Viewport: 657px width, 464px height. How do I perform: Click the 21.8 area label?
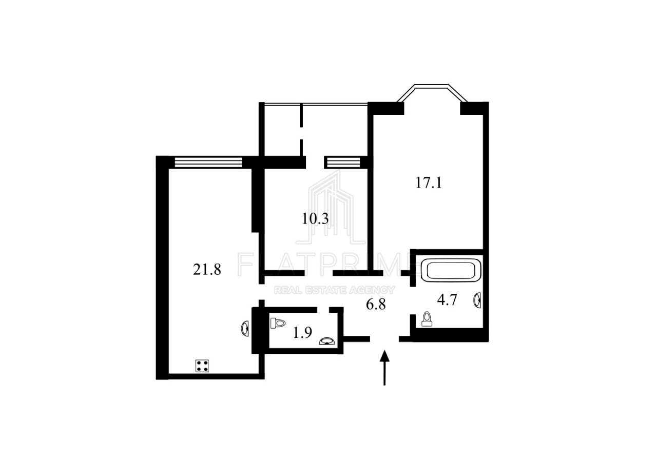tap(207, 270)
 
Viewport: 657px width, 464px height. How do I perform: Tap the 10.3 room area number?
tap(315, 218)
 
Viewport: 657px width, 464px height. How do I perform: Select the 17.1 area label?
tap(429, 183)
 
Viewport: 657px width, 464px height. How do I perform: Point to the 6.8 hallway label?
tap(376, 305)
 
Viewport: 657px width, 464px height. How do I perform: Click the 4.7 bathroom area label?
tap(447, 300)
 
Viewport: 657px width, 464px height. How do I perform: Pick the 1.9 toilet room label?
tap(302, 332)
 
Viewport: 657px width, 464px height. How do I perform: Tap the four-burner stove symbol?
tap(202, 366)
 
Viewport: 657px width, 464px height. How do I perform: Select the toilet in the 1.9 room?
tap(278, 323)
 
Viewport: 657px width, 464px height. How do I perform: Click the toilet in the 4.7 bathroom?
tap(427, 319)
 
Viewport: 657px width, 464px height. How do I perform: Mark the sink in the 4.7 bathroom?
tap(477, 300)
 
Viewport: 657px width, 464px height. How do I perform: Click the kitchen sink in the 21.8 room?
tap(245, 329)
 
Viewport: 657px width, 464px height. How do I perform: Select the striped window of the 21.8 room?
tap(208, 163)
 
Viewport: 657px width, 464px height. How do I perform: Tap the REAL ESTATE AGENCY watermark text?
tap(334, 290)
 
